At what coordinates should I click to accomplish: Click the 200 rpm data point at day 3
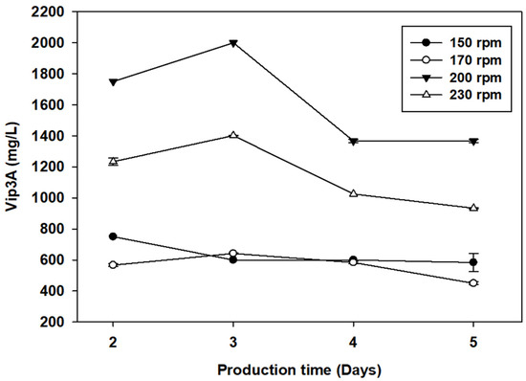233,43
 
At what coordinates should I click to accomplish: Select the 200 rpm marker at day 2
113,82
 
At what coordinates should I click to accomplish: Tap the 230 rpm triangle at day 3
233,135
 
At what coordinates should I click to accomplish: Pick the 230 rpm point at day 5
473,208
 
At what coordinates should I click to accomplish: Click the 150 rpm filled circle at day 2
113,236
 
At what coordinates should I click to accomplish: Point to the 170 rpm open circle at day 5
473,283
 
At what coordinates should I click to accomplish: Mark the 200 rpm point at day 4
354,142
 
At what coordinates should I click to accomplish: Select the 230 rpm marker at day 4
354,193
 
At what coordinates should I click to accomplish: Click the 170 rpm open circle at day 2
113,265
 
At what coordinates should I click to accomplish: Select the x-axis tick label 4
354,340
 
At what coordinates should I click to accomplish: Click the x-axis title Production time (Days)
293,368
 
